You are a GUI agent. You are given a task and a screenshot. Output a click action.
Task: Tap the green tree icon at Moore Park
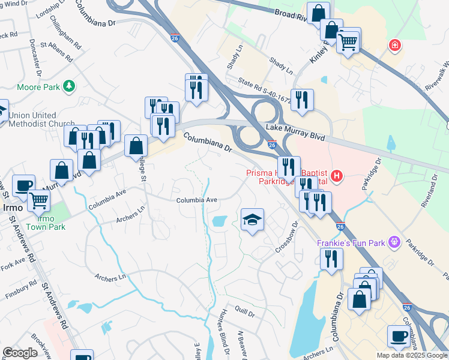point(70,86)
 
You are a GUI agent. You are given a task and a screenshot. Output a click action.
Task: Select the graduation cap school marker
point(252,220)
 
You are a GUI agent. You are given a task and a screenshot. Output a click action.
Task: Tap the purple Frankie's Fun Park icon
point(394,242)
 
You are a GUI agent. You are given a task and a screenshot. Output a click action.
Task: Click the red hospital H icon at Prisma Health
point(337,176)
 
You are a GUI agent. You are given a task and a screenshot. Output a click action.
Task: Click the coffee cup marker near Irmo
point(23,185)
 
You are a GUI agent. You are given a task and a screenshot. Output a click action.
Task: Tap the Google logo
point(20,353)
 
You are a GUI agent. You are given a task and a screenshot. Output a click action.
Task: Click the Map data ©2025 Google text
point(412,355)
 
